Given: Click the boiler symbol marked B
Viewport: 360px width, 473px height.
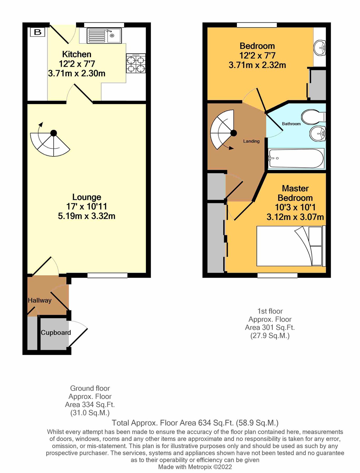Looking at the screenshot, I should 38,32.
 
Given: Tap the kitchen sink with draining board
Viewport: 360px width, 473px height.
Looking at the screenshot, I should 104,36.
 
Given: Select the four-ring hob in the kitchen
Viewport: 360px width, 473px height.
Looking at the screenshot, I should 136,63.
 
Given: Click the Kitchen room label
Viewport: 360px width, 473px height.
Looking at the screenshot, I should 77,54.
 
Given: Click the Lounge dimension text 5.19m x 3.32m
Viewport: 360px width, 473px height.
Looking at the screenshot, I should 87,216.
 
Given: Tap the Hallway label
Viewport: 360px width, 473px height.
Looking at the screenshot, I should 40,300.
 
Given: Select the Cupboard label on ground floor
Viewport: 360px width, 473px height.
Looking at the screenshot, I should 56,333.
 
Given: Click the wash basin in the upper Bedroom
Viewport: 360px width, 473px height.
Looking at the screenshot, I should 320,48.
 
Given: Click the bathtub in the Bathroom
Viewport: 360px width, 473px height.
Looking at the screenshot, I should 296,158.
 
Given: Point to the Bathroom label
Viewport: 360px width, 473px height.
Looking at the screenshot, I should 291,124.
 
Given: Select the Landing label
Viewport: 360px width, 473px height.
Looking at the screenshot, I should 251,141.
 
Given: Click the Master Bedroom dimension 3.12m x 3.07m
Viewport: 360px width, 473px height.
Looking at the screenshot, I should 295,217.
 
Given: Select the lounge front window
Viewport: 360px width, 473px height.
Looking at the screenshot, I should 107,275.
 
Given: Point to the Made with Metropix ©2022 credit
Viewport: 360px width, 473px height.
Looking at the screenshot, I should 195,467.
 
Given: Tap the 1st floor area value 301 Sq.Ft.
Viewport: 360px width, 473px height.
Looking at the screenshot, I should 270,327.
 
